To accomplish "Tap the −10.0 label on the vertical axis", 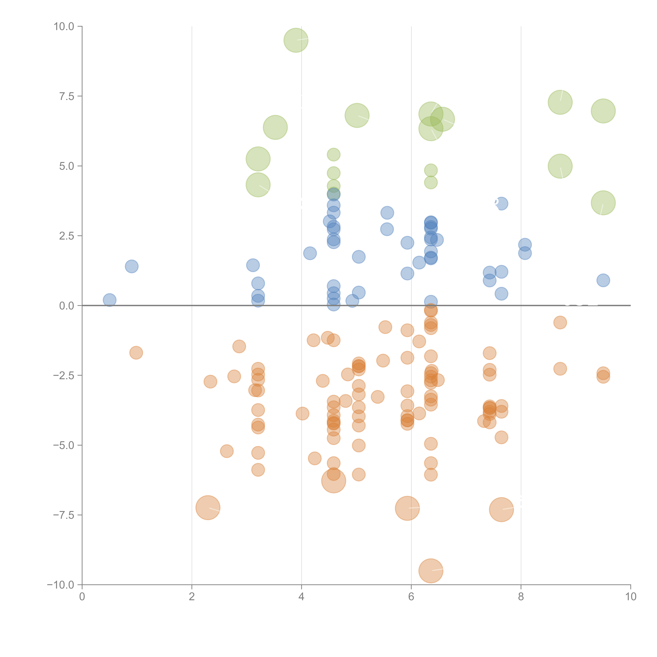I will coord(61,585).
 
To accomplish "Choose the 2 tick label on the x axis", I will coord(192,597).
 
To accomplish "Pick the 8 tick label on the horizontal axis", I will coord(521,597).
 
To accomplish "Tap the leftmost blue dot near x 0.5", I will coord(109,300).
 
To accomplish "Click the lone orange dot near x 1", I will coord(136,353).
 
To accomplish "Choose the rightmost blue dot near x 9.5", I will coord(603,280).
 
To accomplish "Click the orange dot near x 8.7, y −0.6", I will coord(560,322).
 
